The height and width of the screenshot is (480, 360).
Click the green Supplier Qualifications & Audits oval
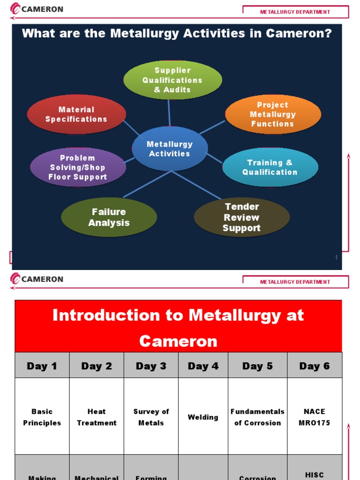(172, 80)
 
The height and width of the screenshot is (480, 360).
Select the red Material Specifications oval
(76, 114)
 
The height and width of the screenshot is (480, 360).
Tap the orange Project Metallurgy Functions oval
(273, 114)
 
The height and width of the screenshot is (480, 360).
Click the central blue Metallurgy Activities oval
(170, 149)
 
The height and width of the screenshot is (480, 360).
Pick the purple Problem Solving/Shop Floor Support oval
(78, 167)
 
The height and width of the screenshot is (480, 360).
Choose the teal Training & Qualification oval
(270, 167)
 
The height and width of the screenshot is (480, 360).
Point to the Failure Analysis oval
(109, 217)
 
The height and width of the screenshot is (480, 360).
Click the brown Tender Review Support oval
(242, 217)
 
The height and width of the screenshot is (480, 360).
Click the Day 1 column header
(42, 366)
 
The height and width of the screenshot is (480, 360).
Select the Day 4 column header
(203, 366)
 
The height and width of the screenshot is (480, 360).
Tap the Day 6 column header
(315, 366)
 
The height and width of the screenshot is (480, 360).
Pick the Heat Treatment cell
(97, 417)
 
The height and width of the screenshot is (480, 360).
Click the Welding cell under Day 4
(203, 417)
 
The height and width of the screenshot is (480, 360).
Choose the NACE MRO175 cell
(315, 417)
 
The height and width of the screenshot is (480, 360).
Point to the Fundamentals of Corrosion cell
(257, 417)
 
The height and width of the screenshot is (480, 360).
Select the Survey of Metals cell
(151, 417)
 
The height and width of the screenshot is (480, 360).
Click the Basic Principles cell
(42, 417)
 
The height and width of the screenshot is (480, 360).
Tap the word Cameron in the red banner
(178, 341)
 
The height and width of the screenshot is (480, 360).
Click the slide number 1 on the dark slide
(336, 257)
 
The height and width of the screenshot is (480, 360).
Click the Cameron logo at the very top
(37, 9)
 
